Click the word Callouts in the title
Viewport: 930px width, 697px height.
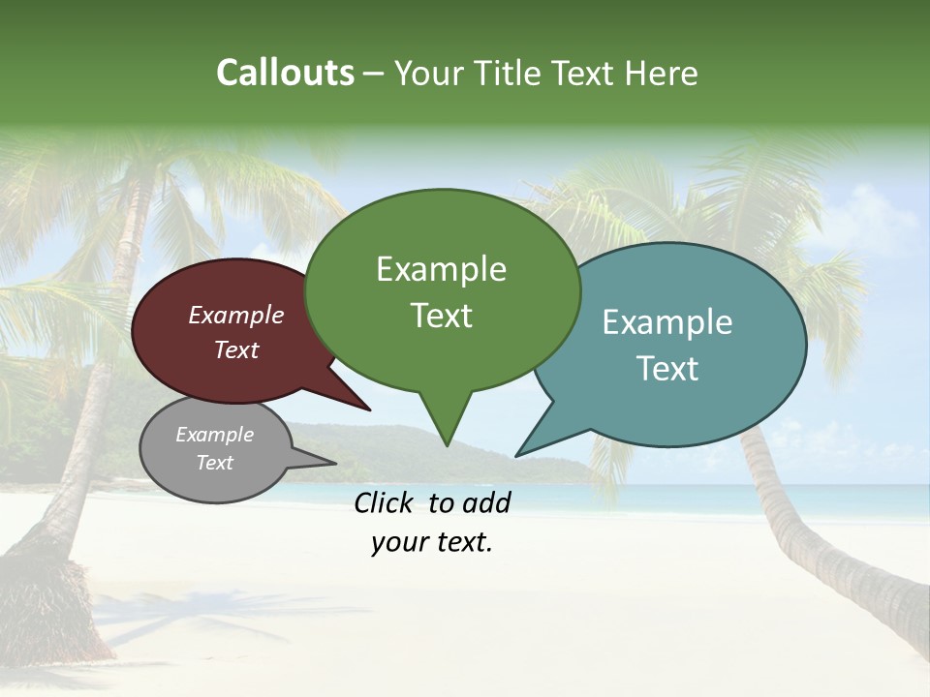click(285, 73)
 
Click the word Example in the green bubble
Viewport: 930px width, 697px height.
click(441, 269)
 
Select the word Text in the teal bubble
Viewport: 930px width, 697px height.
click(667, 369)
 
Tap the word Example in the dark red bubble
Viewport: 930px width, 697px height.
click(235, 316)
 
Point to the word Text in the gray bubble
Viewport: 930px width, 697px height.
click(214, 463)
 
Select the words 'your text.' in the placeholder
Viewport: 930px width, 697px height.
click(431, 542)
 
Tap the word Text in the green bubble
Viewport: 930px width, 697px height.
click(442, 316)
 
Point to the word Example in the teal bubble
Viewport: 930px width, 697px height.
click(667, 322)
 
